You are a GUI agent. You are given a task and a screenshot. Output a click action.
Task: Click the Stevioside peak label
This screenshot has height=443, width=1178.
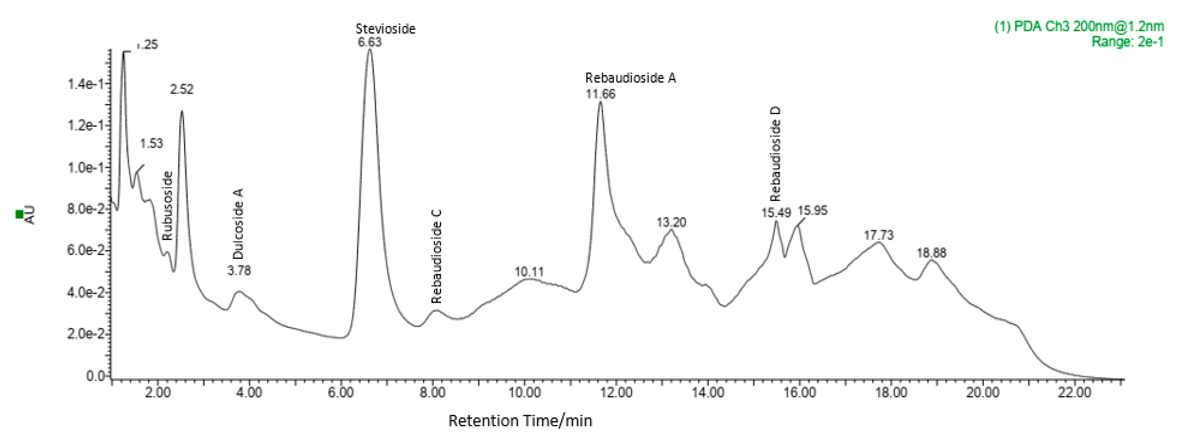coord(385,29)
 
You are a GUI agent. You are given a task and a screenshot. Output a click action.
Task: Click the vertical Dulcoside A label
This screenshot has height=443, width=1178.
coord(238,224)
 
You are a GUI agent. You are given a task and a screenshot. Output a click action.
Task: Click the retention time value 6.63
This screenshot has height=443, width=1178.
coord(370,43)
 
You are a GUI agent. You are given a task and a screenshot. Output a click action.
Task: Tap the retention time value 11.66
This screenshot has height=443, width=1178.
coord(600,94)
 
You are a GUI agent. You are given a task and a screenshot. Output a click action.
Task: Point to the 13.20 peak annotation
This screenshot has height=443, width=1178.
coord(671,223)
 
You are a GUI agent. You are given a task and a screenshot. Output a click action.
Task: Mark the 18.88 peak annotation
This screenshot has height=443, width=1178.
coord(931,253)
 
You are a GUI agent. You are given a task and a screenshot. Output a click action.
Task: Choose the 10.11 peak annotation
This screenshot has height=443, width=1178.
coord(529,272)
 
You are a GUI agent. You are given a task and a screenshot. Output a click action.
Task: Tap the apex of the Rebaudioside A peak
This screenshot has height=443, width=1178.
coord(600,102)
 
